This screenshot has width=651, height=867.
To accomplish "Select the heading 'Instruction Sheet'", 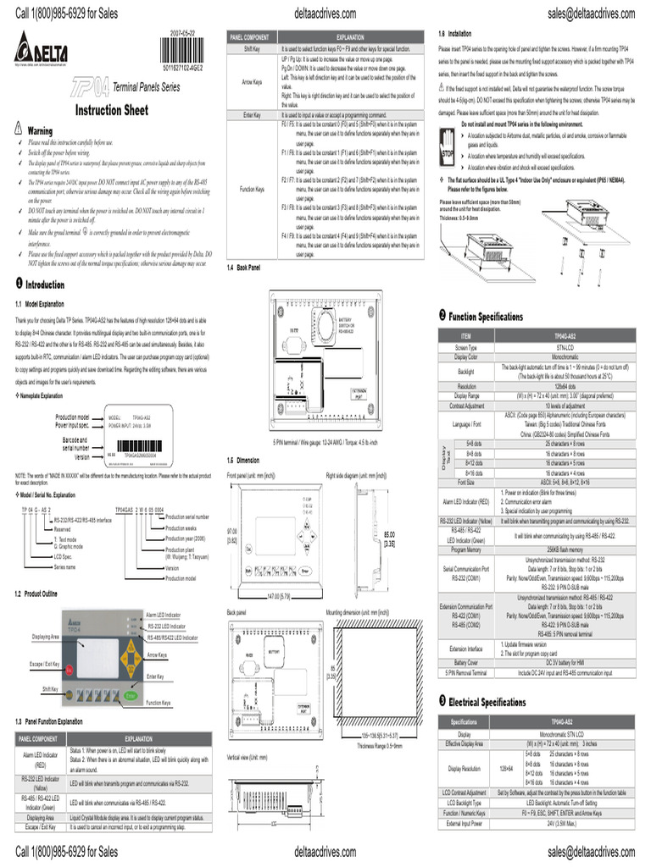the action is pyautogui.click(x=111, y=110).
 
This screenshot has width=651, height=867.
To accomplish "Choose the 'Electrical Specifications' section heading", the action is pyautogui.click(x=487, y=702).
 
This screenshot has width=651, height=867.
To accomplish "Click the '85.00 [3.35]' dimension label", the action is pyautogui.click(x=391, y=538).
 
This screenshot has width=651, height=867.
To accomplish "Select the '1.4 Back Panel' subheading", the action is pyautogui.click(x=244, y=268).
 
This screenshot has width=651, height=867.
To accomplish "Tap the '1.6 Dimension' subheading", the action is pyautogui.click(x=242, y=460).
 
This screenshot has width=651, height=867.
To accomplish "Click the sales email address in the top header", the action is pyautogui.click(x=591, y=13).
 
